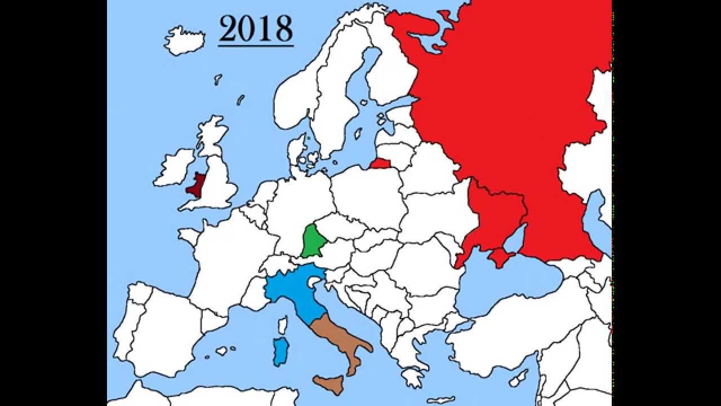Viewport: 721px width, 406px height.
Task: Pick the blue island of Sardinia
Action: [280, 351]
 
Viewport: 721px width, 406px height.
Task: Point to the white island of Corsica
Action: [283, 325]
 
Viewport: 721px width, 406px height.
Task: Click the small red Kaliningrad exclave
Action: [381, 164]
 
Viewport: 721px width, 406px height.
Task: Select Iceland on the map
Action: [184, 40]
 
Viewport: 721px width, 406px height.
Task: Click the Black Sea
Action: [507, 288]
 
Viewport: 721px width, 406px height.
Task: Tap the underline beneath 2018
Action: [256, 45]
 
